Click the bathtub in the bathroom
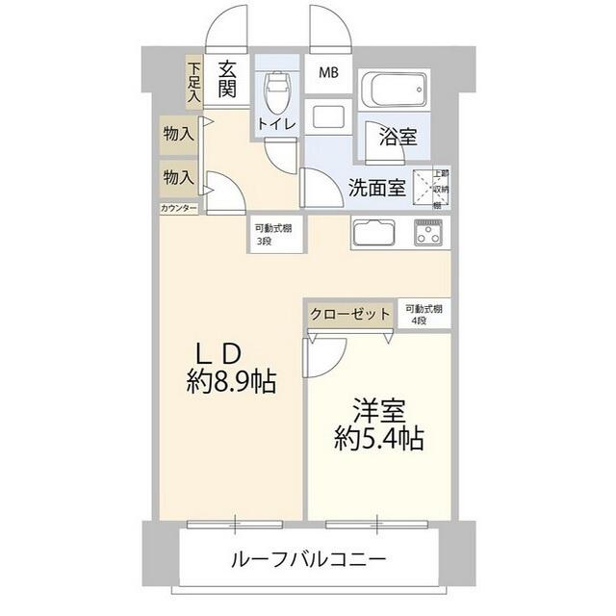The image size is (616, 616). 394,93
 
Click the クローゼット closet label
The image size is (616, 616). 350,315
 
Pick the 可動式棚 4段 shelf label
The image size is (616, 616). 423,313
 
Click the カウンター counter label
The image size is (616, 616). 179,209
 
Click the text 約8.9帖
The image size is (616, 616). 231,383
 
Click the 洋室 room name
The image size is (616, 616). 380,408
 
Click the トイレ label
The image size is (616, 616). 277,125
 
